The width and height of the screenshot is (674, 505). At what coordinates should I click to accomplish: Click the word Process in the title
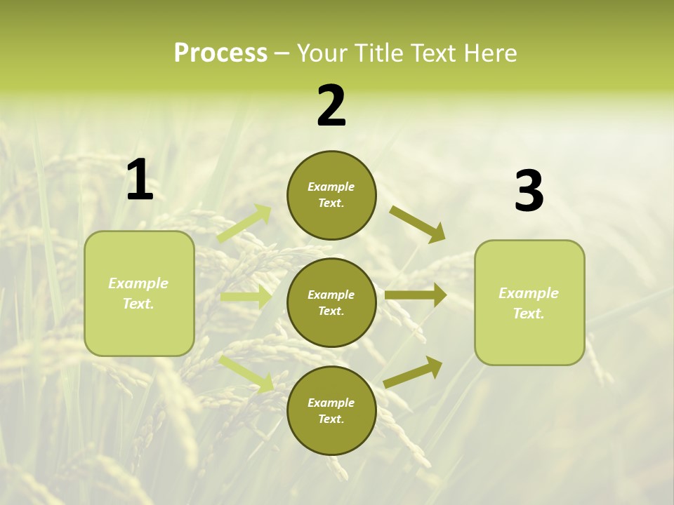pos(220,53)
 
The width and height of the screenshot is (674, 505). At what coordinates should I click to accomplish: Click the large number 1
pos(140,180)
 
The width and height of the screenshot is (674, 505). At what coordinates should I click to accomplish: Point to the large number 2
pos(331,106)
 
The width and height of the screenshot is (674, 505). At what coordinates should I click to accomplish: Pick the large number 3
pos(529,191)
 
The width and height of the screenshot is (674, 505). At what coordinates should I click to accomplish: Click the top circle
pos(331,195)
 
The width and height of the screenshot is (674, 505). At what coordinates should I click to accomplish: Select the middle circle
pos(331,302)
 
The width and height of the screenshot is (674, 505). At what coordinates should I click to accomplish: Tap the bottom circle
pos(331,410)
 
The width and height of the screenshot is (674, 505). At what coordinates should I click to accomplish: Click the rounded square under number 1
pos(139,293)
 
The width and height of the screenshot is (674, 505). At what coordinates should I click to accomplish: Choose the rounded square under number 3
pos(529,303)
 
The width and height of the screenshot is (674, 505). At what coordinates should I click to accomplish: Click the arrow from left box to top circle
pos(244,223)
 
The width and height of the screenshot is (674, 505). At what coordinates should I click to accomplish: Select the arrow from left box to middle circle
pos(246,297)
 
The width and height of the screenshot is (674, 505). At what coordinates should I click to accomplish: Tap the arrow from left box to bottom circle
pos(246,372)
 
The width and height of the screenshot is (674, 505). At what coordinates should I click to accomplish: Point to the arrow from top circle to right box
pos(417,224)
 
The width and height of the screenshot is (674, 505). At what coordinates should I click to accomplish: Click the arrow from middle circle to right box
pos(415,295)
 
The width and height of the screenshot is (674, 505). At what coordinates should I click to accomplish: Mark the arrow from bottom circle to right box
pos(413,372)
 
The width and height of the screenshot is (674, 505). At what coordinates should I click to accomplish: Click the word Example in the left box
pos(138,283)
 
